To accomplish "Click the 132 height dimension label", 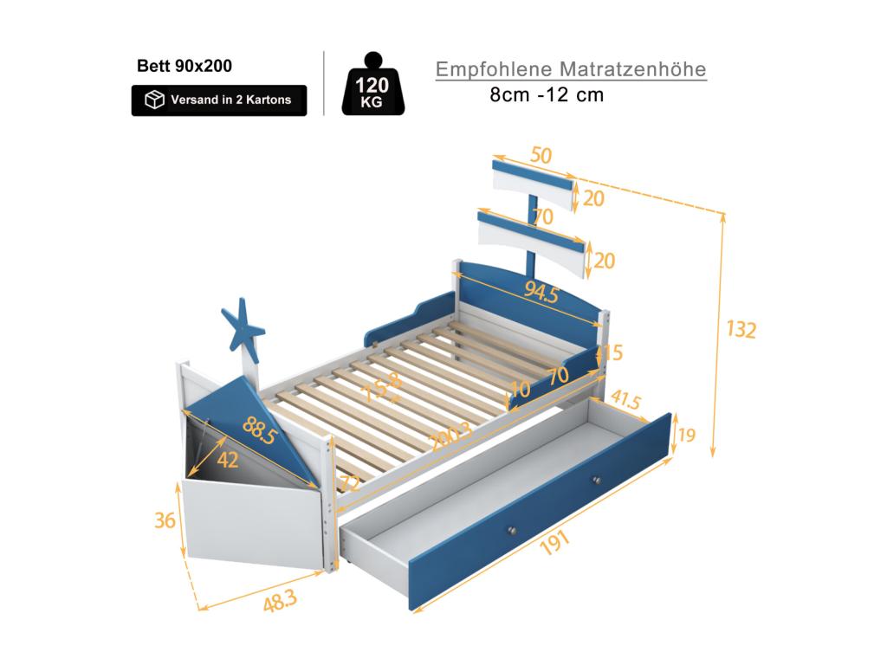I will (x=741, y=330).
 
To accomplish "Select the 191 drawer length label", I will (x=555, y=543).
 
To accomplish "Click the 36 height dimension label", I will (x=166, y=520).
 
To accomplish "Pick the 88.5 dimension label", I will (x=260, y=431).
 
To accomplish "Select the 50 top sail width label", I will (x=541, y=156).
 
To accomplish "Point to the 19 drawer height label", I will (x=687, y=435).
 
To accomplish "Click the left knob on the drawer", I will (x=513, y=530).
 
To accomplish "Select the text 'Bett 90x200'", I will (x=185, y=66).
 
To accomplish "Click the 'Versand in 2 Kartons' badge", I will (x=219, y=100).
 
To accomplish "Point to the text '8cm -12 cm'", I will (x=547, y=95).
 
